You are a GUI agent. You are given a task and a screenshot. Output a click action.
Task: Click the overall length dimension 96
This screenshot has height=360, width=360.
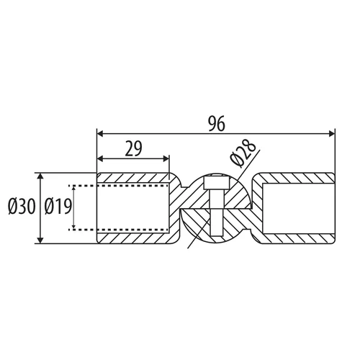click(217, 124)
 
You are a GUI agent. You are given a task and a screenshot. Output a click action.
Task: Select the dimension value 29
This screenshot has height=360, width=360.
click(134, 149)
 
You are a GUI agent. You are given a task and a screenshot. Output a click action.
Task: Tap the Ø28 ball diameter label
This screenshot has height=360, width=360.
click(243, 153)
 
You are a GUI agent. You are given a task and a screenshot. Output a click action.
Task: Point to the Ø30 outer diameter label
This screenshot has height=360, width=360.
click(22, 207)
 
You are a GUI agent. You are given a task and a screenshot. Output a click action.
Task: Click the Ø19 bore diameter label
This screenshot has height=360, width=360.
click(58, 207)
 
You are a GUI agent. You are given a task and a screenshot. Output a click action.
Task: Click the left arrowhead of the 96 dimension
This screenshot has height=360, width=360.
click(100, 134)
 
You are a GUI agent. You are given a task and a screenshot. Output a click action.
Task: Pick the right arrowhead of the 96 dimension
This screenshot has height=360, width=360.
click(331, 134)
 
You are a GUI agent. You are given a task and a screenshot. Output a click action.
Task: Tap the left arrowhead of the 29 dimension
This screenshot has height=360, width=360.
click(100, 158)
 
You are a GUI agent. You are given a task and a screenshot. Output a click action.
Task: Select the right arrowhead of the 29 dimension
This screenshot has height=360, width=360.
click(166, 158)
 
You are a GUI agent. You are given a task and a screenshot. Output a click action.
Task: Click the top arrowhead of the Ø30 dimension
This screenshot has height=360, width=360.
click(40, 176)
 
